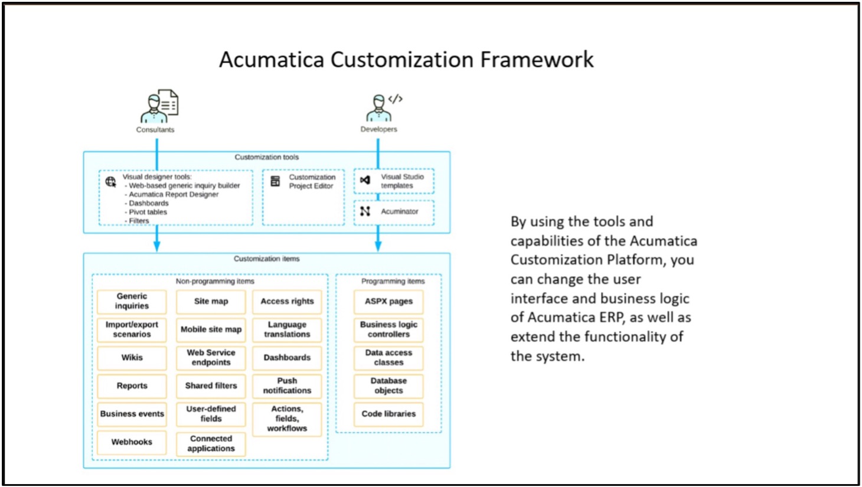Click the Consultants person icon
point(159,106)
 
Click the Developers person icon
point(384,107)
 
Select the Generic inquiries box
point(132,301)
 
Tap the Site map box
point(211,301)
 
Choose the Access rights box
point(287,301)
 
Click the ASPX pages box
point(388,301)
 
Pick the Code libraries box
point(388,414)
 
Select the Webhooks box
point(132,442)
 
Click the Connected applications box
point(211,443)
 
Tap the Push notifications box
point(287,386)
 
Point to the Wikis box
point(132,358)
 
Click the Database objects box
point(388,386)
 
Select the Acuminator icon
point(365,211)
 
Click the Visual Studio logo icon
point(365,180)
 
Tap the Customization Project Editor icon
point(275,181)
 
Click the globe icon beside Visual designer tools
point(111,182)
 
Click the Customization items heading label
point(267,259)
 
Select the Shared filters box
point(211,386)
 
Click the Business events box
point(132,414)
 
